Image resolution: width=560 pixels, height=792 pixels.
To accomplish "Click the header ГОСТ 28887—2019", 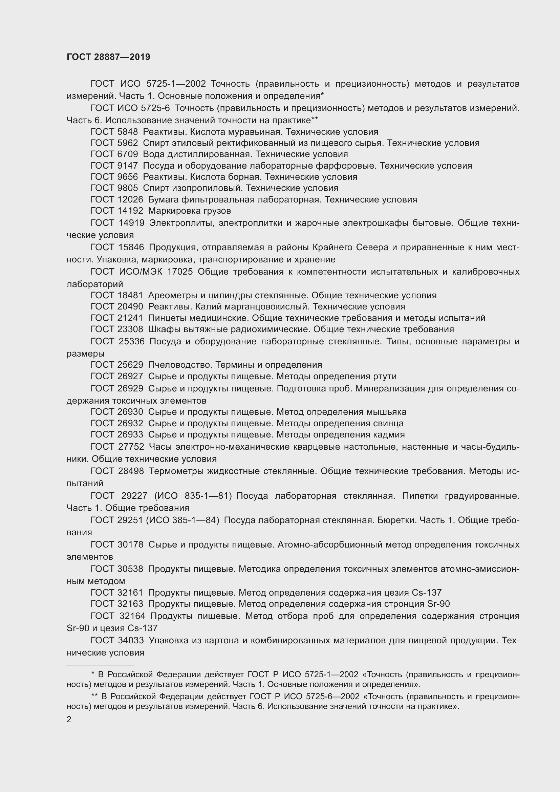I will (x=108, y=57).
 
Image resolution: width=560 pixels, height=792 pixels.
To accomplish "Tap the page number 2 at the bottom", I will (x=69, y=719).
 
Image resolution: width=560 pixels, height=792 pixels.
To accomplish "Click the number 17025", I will (x=180, y=272).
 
